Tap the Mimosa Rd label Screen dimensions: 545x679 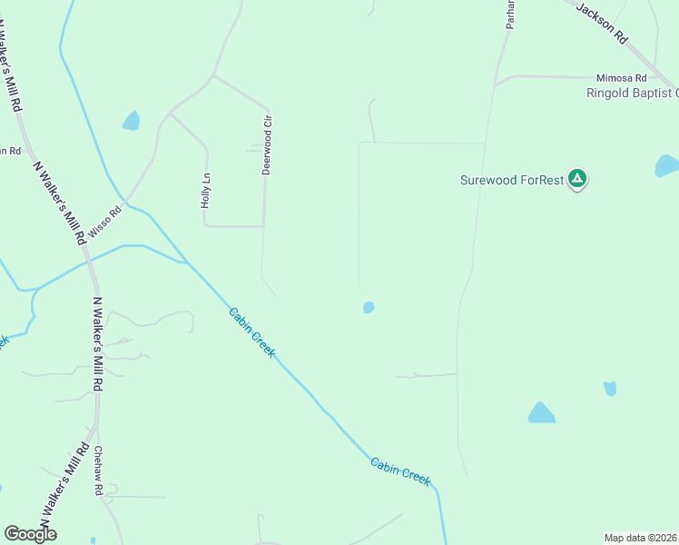pyautogui.click(x=621, y=78)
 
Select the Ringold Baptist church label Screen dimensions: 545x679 pyautogui.click(x=632, y=93)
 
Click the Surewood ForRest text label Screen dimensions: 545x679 pyautogui.click(x=512, y=179)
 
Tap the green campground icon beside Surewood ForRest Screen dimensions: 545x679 pyautogui.click(x=576, y=179)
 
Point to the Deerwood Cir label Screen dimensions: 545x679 pyautogui.click(x=267, y=144)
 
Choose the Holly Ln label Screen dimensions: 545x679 pyautogui.click(x=206, y=191)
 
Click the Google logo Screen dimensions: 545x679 pyautogui.click(x=30, y=534)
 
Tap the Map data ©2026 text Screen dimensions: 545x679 pyautogui.click(x=641, y=538)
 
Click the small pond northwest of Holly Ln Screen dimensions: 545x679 pyautogui.click(x=132, y=120)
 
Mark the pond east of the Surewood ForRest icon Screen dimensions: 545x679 pyautogui.click(x=666, y=165)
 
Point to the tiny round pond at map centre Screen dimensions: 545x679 pyautogui.click(x=369, y=307)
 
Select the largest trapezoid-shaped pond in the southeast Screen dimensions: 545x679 pyautogui.click(x=542, y=413)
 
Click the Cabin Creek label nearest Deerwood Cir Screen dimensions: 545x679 pyautogui.click(x=251, y=332)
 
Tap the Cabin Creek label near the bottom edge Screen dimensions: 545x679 pyautogui.click(x=399, y=471)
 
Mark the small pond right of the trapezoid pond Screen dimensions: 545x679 pyautogui.click(x=610, y=389)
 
